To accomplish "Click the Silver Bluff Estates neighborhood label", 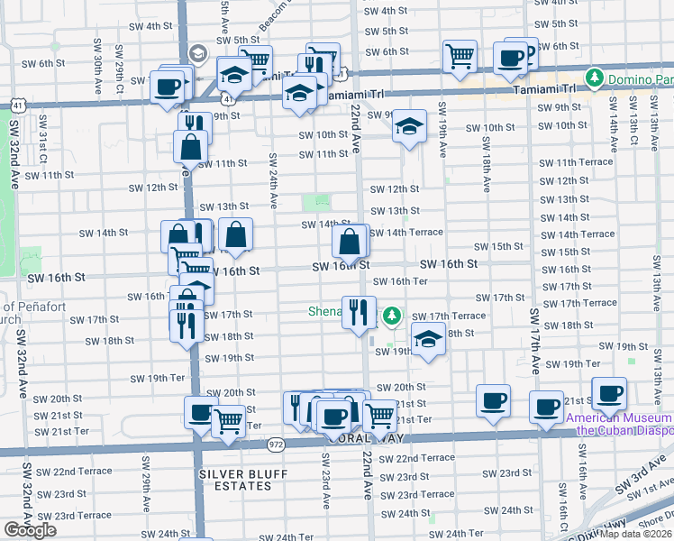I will (x=235, y=480).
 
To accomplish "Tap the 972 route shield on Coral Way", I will (x=278, y=444).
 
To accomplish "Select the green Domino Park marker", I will (x=594, y=79).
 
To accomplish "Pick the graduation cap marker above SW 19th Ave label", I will (x=409, y=127).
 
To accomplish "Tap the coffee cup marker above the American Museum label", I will (x=609, y=394).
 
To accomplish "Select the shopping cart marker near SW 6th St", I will (x=460, y=57).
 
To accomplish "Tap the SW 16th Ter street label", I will (x=400, y=281).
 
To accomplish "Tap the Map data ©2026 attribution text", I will (x=635, y=534).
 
